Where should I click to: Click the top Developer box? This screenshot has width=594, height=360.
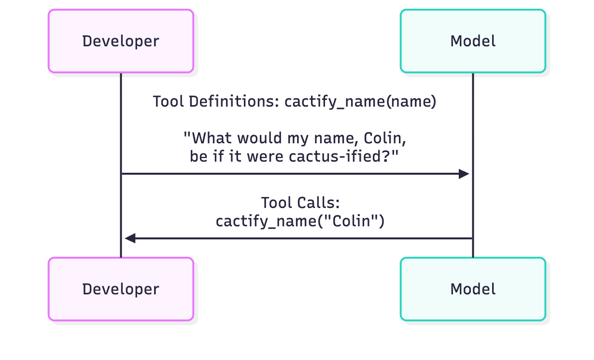tap(121, 41)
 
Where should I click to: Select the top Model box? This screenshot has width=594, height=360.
tap(473, 41)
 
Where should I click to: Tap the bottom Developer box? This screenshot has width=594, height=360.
tap(121, 289)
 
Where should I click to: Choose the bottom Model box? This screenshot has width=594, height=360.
tap(473, 289)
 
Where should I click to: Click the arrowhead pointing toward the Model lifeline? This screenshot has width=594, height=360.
tap(464, 174)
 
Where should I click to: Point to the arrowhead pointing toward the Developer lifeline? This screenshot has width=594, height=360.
tap(130, 238)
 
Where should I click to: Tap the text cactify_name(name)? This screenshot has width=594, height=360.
tap(360, 102)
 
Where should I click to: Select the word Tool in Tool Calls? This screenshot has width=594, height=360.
tap(277, 203)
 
